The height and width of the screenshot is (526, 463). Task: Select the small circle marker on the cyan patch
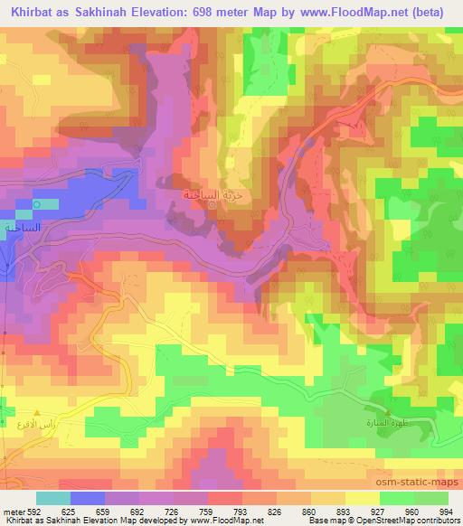point(36,205)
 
